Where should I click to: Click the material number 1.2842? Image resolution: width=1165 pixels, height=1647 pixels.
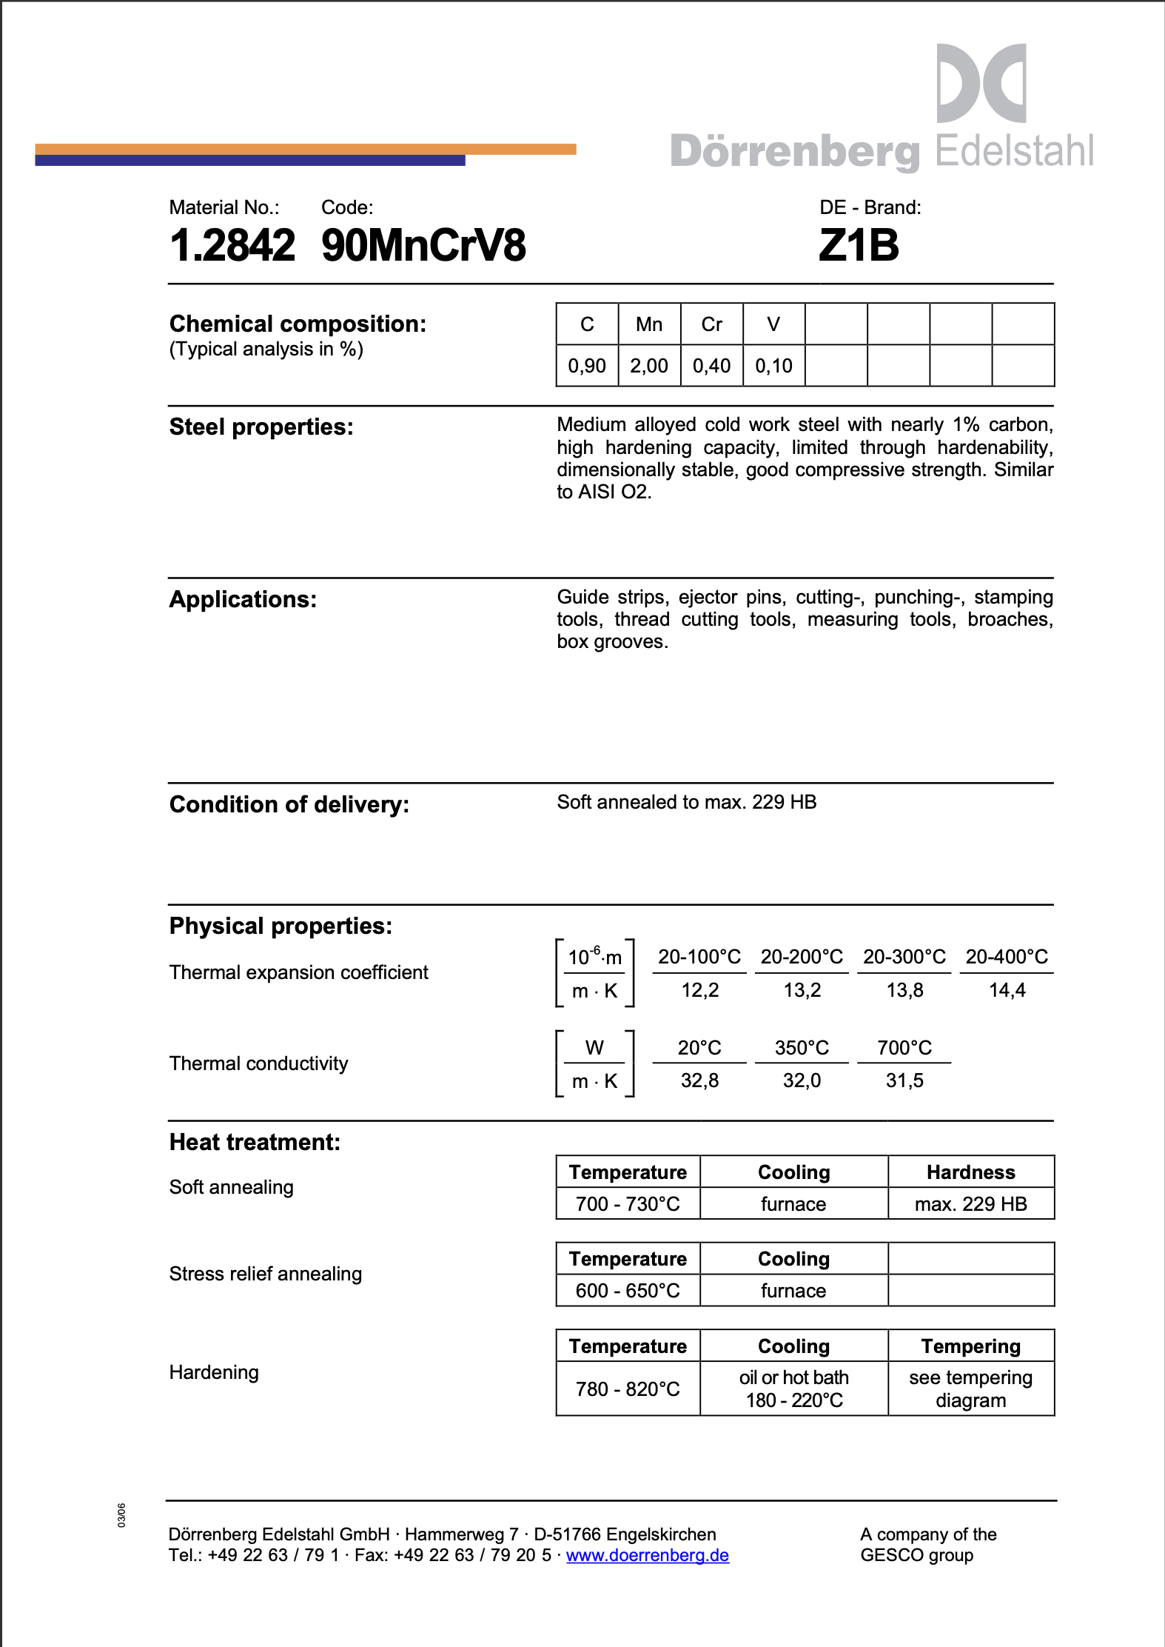[x=232, y=245]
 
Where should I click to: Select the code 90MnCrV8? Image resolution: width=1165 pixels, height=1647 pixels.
[x=423, y=245]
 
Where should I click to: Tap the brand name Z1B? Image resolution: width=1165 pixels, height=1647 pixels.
[x=859, y=245]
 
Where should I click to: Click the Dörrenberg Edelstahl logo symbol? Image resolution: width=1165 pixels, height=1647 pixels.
[x=981, y=83]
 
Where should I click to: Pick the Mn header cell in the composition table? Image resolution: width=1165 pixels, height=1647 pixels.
[x=649, y=324]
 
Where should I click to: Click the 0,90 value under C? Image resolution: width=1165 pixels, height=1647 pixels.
[x=587, y=366]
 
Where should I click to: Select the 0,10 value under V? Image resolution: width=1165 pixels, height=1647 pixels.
[x=773, y=366]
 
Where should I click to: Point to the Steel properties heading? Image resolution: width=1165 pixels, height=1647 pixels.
[x=261, y=427]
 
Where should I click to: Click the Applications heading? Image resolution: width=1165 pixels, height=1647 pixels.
[x=243, y=599]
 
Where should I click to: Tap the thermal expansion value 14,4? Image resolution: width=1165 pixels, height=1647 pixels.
[x=1007, y=990]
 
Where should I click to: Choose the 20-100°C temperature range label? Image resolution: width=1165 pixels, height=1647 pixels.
[x=699, y=957]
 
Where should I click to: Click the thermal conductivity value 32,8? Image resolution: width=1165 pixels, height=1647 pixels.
[x=699, y=1080]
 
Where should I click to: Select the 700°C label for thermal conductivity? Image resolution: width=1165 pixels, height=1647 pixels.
[x=904, y=1048]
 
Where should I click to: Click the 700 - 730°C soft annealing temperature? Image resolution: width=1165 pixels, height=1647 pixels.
[x=628, y=1204]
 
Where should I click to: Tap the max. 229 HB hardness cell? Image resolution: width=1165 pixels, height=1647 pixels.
[x=970, y=1204]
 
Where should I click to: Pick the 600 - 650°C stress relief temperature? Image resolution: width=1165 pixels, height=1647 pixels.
[x=628, y=1291]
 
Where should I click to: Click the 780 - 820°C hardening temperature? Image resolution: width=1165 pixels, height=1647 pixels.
[x=628, y=1389]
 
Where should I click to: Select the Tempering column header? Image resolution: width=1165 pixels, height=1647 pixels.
[x=970, y=1346]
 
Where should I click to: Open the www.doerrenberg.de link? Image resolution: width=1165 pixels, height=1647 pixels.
[x=648, y=1555]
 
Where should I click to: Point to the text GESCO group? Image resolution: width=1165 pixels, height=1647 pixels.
[x=916, y=1555]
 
